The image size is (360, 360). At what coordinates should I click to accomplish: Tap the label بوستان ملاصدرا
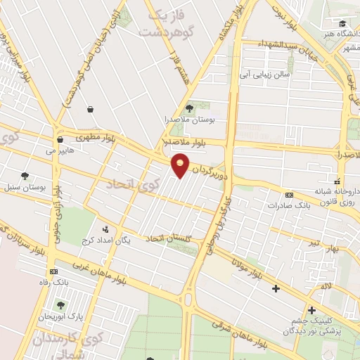point(189,120)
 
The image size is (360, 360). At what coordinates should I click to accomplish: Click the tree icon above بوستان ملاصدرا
point(189,108)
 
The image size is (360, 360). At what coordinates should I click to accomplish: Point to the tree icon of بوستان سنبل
point(25,176)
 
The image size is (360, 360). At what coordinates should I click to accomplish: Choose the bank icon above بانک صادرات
point(289,195)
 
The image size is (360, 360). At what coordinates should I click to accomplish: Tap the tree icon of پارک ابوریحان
point(62,305)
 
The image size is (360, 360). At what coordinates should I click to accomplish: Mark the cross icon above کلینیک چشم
point(311,310)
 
